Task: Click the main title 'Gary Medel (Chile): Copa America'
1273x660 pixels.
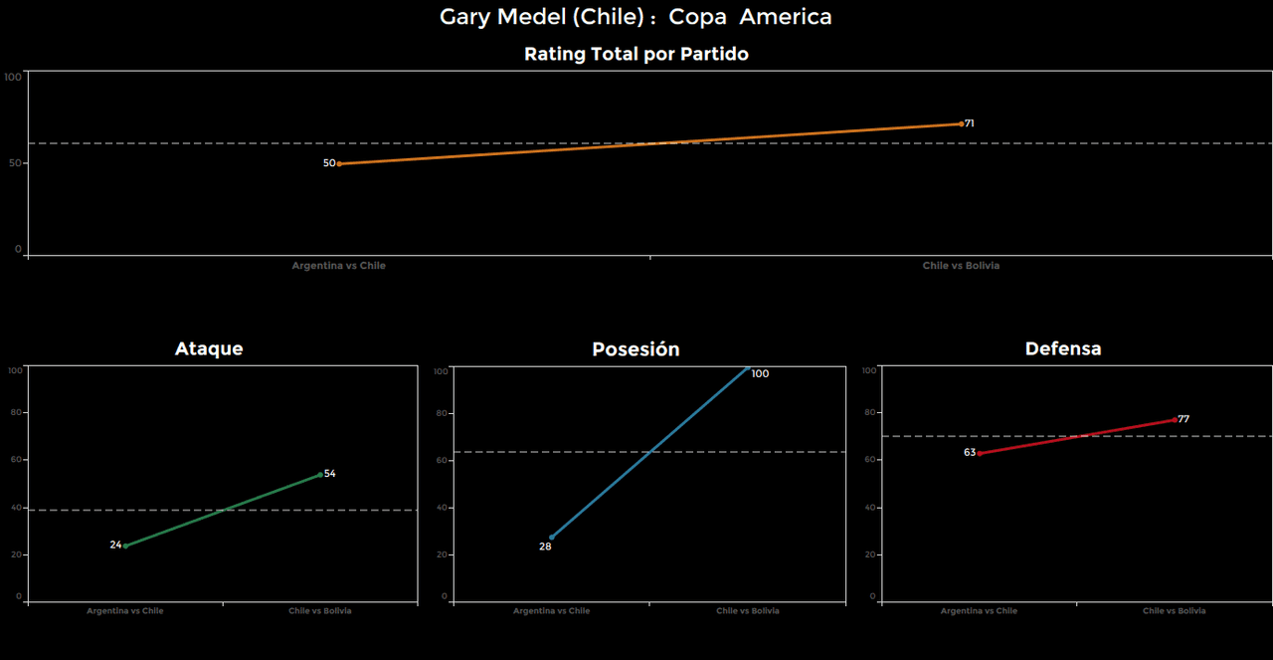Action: pos(636,17)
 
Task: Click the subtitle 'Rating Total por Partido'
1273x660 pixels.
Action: pos(636,55)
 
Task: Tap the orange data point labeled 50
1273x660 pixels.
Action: pos(339,163)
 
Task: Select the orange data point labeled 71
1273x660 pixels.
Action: pos(961,123)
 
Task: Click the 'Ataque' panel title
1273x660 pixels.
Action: pos(209,348)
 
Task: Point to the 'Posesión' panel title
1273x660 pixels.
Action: pos(636,349)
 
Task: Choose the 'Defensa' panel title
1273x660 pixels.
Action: pos(1063,348)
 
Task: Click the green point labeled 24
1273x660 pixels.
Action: pos(125,546)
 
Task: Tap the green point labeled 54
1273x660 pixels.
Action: pos(320,475)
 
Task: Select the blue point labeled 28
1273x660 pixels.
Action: pos(552,538)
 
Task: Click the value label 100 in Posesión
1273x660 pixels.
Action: pos(760,374)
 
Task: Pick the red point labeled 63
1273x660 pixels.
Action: pos(979,453)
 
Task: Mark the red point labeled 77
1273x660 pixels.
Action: pos(1175,419)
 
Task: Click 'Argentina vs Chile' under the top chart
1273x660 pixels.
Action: pos(338,266)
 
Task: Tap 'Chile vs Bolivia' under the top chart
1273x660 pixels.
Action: pos(961,266)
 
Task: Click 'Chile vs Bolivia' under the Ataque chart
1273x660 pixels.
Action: pos(320,611)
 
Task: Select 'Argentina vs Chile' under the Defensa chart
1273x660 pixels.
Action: pos(979,611)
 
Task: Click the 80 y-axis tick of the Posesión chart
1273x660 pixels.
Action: pos(443,413)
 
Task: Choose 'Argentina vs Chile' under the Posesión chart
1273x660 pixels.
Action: pos(551,611)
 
